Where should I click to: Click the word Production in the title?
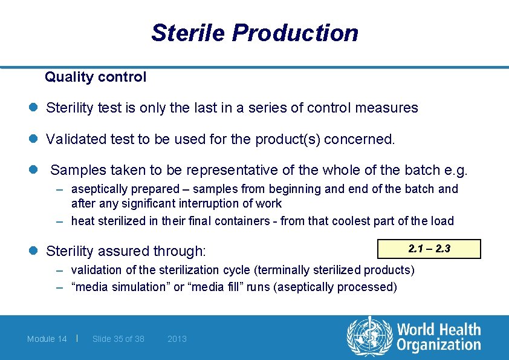295,33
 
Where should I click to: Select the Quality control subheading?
96,77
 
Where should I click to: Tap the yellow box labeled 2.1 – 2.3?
429,249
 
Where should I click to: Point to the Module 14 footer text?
47,339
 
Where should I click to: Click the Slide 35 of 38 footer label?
118,339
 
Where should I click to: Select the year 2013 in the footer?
177,339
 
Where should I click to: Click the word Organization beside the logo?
439,345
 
